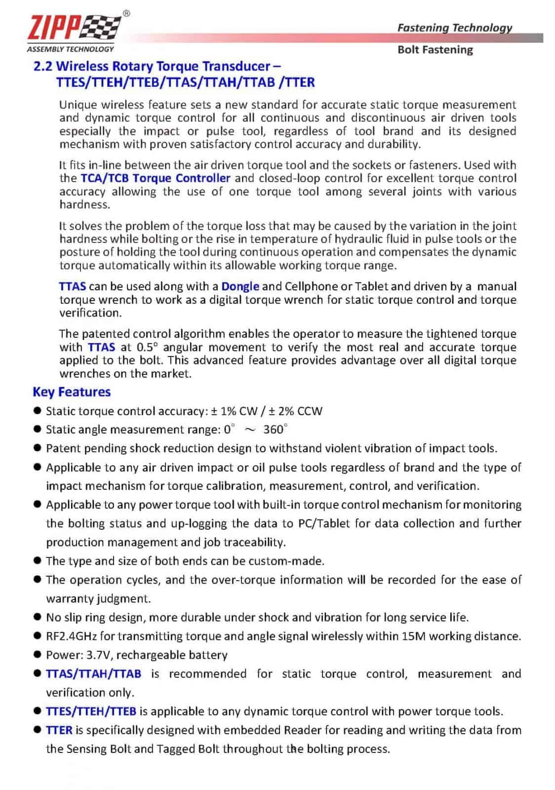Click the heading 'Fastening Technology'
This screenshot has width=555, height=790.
454,28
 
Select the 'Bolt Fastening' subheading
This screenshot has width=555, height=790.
435,50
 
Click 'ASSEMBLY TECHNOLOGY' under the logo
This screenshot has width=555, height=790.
71,49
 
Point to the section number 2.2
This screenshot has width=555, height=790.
42,66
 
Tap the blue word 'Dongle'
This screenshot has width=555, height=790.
240,286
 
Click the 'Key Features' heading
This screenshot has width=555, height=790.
72,392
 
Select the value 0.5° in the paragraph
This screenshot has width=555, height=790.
148,347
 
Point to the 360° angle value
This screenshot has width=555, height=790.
275,429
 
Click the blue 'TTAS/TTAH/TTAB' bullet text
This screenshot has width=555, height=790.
93,674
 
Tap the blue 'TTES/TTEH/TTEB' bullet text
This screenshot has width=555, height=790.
91,711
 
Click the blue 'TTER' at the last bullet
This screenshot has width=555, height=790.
59,730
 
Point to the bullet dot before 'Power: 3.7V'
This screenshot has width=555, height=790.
37,655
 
